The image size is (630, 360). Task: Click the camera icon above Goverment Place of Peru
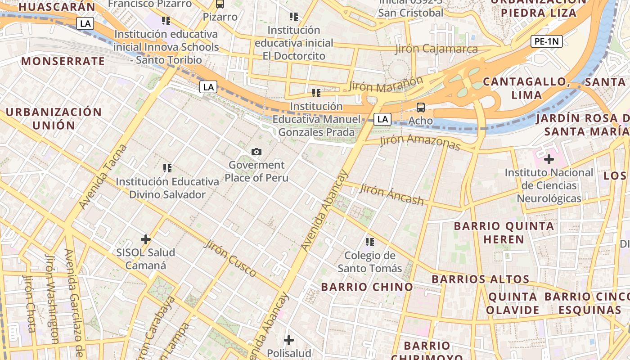click(256, 152)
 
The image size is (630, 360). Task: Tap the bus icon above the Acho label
click(421, 108)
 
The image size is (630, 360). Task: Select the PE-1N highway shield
click(547, 42)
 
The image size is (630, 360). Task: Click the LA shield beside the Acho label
click(382, 119)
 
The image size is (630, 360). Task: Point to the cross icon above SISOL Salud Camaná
click(146, 239)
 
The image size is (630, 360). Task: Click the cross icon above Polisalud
click(289, 340)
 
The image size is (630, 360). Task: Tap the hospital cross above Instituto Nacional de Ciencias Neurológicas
click(549, 159)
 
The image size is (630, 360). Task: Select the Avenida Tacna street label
click(103, 177)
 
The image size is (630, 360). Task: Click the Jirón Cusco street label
click(230, 259)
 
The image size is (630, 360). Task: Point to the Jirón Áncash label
click(391, 194)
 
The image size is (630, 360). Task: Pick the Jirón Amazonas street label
click(420, 142)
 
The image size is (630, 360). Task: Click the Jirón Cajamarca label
click(436, 49)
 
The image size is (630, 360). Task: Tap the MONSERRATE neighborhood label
click(63, 61)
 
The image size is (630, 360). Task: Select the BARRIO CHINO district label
click(367, 287)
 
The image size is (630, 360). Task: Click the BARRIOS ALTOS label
click(481, 279)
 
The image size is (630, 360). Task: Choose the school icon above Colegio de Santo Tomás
click(370, 242)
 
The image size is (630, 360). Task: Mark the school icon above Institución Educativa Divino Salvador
click(167, 168)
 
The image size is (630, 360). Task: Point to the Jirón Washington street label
click(53, 299)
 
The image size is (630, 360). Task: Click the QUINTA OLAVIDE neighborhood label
click(513, 303)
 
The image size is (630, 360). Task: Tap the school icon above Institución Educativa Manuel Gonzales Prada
click(316, 93)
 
